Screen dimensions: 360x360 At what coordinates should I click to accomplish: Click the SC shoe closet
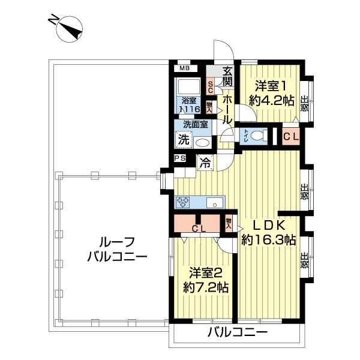(x=210, y=86)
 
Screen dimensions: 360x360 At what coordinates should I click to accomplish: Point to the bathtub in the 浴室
(x=189, y=87)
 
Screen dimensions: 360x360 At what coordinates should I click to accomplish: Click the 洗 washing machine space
(x=184, y=139)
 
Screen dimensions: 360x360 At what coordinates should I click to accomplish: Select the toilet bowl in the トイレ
(x=259, y=136)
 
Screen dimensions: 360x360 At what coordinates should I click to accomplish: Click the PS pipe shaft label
(x=180, y=158)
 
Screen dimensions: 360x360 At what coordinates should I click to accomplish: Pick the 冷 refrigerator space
(x=205, y=163)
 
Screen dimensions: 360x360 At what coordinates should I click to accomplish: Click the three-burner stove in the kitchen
(x=183, y=203)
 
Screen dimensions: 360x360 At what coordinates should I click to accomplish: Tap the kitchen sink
(x=215, y=203)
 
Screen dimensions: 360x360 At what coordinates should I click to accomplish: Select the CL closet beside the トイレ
(x=291, y=136)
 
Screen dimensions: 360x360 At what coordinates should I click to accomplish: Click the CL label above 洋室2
(x=199, y=228)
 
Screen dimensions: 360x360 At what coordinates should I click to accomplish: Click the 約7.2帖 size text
(x=206, y=287)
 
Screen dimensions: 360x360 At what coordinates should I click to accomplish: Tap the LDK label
(x=269, y=226)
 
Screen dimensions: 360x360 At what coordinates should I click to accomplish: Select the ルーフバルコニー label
(x=117, y=250)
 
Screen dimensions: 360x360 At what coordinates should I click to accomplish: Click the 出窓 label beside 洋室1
(x=304, y=104)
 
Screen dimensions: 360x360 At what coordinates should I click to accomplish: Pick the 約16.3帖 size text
(x=268, y=240)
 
